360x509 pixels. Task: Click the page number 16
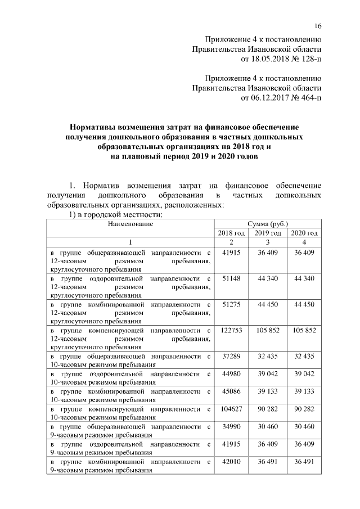tap(317, 26)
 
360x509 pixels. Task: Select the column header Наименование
tap(130, 224)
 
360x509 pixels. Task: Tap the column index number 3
tap(267, 242)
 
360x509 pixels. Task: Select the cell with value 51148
tap(231, 278)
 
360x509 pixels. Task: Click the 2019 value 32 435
tap(267, 356)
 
